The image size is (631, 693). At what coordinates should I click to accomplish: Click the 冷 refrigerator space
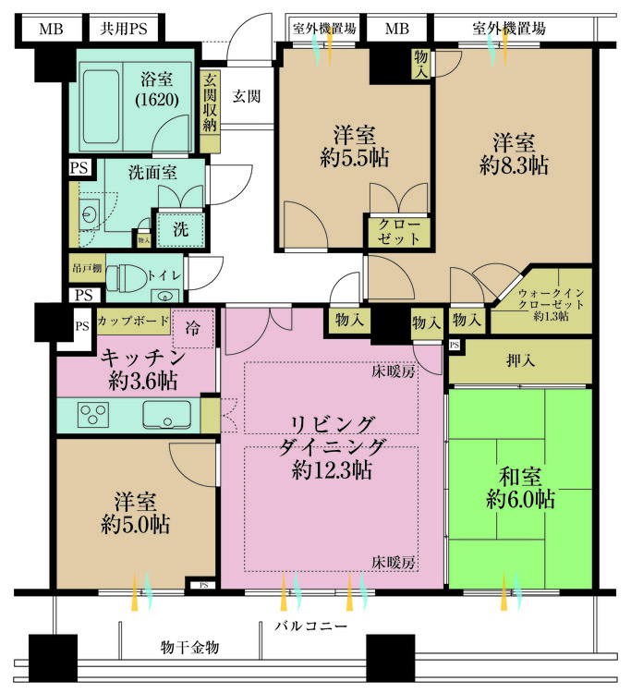pyautogui.click(x=193, y=328)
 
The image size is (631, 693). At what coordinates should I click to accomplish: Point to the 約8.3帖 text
pyautogui.click(x=514, y=166)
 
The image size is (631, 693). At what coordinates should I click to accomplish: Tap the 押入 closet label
pyautogui.click(x=518, y=358)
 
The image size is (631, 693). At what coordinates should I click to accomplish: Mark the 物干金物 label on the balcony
pyautogui.click(x=188, y=647)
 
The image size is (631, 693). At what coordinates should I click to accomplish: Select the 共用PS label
pyautogui.click(x=124, y=29)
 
